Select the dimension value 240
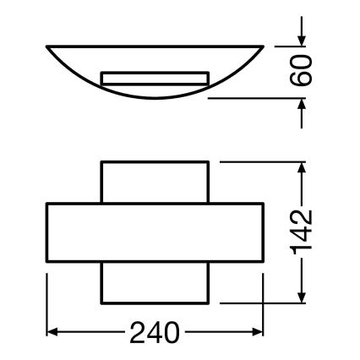(155, 332)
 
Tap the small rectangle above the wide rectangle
(155, 182)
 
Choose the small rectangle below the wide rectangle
(155, 285)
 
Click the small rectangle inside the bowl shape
(155, 79)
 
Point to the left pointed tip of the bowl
(46, 43)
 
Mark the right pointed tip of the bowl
(263, 43)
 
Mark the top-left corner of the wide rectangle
(46, 204)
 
